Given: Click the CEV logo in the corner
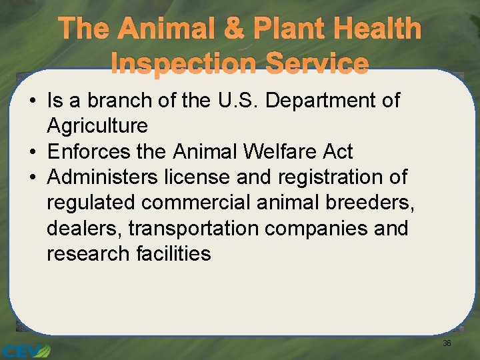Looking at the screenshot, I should pos(25,349).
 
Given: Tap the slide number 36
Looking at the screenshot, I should pos(447,343).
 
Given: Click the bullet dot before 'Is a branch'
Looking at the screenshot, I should pos(31,101).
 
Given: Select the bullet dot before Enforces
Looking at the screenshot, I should pos(31,152).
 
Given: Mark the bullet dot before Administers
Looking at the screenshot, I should pos(31,178).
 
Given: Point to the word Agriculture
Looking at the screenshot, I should pos(97,126).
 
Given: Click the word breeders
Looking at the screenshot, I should pos(374,203).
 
